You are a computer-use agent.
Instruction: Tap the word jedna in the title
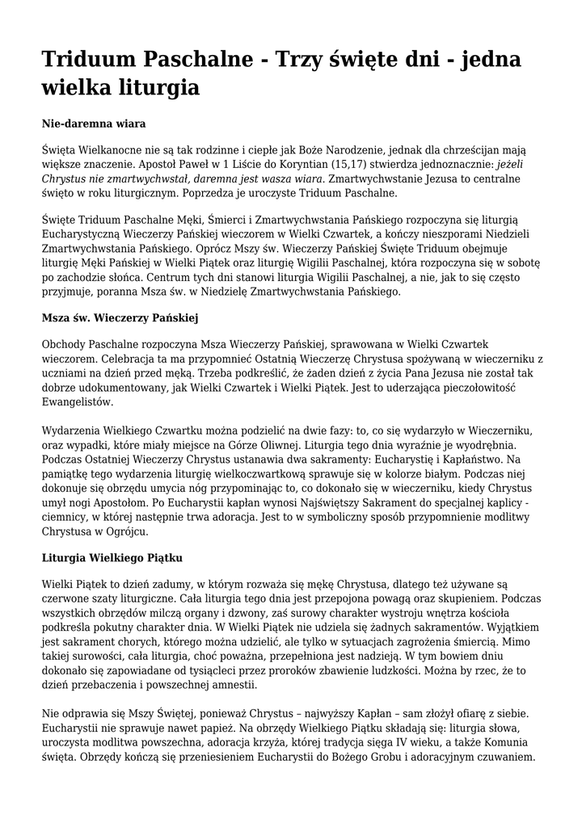tap(488, 60)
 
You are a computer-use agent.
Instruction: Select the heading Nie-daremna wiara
tap(93, 124)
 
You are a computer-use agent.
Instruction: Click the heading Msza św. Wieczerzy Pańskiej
tap(120, 318)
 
